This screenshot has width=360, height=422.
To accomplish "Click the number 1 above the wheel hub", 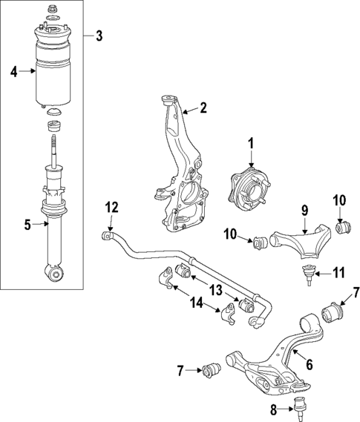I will click(x=251, y=143).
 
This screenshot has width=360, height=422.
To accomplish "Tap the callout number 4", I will click(x=13, y=71).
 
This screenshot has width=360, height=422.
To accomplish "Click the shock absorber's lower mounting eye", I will click(x=55, y=275).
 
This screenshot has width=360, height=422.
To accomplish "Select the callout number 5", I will click(x=28, y=224).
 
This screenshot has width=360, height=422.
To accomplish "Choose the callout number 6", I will click(x=310, y=363).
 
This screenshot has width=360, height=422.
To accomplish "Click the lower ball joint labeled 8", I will click(x=301, y=406).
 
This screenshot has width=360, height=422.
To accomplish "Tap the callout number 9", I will click(x=304, y=211).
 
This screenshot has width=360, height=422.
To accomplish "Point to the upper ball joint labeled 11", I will click(x=307, y=272).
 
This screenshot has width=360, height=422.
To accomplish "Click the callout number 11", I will click(x=338, y=273).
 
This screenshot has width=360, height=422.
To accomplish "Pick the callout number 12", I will click(x=111, y=207).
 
